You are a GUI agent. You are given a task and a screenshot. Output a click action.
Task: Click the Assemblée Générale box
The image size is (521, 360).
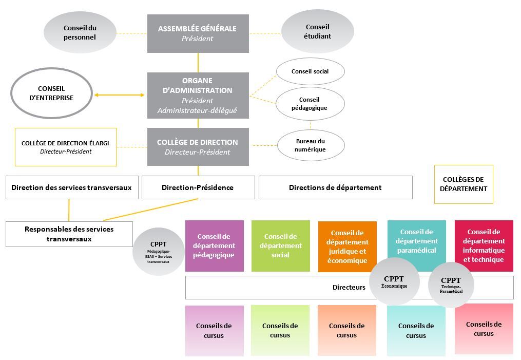click(x=198, y=33)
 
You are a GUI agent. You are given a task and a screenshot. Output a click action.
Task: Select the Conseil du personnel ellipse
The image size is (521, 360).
click(x=80, y=33)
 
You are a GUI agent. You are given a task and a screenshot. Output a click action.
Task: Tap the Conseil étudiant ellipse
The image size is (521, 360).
click(x=318, y=31)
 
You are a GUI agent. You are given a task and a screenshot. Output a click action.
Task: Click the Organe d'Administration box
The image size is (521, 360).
click(x=198, y=96)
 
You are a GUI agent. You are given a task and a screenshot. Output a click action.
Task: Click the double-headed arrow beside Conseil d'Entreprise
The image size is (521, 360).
click(x=119, y=95)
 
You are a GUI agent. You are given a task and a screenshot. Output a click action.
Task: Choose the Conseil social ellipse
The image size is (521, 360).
click(x=310, y=71)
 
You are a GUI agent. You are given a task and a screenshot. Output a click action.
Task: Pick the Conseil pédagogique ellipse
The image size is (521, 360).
click(x=310, y=104)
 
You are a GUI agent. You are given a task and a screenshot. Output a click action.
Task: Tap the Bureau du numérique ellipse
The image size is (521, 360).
click(x=310, y=145)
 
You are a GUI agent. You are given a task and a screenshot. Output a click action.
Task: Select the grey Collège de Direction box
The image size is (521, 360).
click(x=198, y=147)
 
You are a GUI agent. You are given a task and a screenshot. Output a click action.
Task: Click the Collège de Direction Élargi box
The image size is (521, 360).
click(x=66, y=147)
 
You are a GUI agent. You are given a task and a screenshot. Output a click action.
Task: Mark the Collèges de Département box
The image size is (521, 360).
click(x=464, y=184)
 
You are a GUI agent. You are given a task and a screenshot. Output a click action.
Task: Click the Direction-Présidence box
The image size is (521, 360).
click(x=198, y=187)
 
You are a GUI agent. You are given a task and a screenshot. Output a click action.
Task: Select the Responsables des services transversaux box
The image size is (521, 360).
click(x=69, y=234)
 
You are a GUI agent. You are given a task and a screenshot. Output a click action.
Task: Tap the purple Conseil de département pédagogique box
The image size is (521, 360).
click(x=214, y=245)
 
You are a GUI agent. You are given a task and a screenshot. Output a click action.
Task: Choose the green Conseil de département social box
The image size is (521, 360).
click(x=280, y=245)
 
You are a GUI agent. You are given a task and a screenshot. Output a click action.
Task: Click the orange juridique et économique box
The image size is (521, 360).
click(x=348, y=247)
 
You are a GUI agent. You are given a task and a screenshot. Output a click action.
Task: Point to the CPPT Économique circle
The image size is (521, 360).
click(x=394, y=282)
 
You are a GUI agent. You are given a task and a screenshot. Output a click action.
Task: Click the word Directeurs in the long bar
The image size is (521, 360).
click(x=349, y=288)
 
